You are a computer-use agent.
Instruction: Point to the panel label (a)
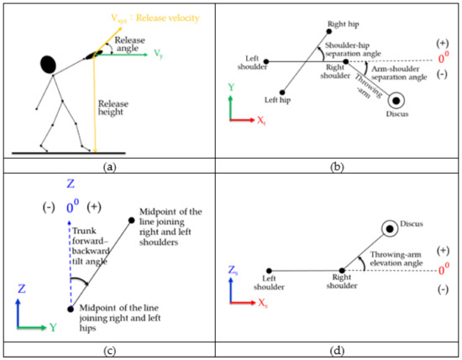pos(108,167)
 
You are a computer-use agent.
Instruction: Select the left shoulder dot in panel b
pos(265,60)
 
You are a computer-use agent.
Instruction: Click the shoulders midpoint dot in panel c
pos(130,221)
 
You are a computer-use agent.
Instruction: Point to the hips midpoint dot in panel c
pos(70,310)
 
